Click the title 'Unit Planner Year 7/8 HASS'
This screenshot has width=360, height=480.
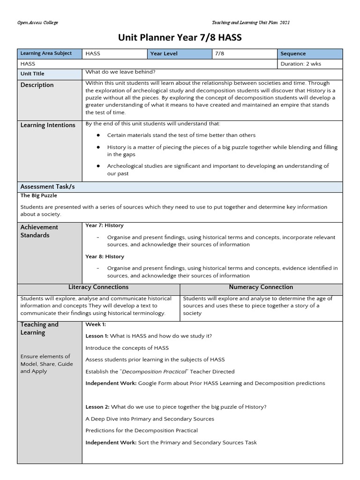(180, 37)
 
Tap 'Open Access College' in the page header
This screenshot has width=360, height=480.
(37, 23)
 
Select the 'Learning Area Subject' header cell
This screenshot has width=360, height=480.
(46, 53)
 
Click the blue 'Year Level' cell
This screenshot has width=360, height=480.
(164, 54)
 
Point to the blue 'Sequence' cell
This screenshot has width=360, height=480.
(293, 54)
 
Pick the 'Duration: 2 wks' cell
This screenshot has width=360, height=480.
(300, 64)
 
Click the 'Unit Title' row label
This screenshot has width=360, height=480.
(32, 74)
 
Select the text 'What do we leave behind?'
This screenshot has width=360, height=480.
(120, 72)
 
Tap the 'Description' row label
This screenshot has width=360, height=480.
(37, 85)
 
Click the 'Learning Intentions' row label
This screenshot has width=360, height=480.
(47, 125)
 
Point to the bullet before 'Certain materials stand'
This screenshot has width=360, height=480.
(98, 135)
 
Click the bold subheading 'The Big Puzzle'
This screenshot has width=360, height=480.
(38, 196)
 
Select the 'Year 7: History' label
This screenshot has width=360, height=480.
(105, 225)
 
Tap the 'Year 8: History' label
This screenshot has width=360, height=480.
(105, 256)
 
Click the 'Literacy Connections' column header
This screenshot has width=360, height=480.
(98, 287)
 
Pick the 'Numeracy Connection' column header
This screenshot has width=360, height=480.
(261, 287)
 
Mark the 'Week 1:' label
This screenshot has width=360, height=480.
(96, 324)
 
